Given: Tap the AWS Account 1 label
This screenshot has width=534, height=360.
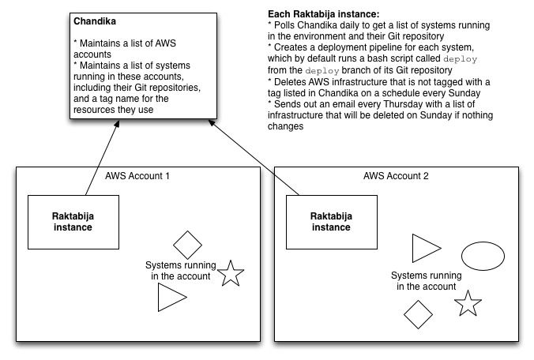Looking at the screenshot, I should click(137, 175).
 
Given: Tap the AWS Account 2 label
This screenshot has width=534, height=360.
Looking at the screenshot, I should click(397, 175).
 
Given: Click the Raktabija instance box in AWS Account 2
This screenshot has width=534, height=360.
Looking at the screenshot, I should click(330, 221).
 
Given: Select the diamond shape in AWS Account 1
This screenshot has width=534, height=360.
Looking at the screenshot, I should click(188, 244).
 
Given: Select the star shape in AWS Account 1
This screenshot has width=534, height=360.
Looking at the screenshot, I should click(231, 273).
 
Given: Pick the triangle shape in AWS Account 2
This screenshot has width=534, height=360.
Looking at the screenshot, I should click(424, 248).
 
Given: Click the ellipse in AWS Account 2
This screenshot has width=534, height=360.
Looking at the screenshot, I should click(483, 256).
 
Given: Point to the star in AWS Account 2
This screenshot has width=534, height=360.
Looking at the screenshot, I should click(468, 304).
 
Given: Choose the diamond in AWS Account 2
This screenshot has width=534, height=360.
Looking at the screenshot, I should click(418, 314).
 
